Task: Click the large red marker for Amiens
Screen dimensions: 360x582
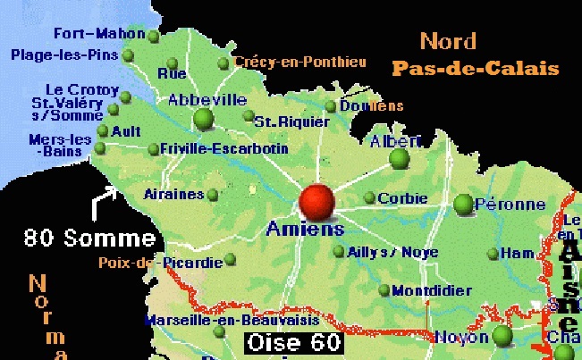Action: (x=316, y=200)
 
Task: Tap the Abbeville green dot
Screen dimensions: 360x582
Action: (x=204, y=119)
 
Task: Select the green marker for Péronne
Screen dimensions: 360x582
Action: (x=463, y=204)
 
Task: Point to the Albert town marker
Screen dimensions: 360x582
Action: (x=399, y=158)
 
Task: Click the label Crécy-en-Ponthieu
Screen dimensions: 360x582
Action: (x=300, y=62)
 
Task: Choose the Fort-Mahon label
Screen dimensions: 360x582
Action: (x=98, y=34)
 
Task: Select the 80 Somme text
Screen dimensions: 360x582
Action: (x=89, y=239)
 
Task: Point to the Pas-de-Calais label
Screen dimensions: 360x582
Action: (x=475, y=69)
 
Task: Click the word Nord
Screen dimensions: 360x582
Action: (x=448, y=40)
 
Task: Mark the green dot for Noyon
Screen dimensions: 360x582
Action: (x=502, y=335)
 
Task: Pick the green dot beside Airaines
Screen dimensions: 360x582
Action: (x=212, y=194)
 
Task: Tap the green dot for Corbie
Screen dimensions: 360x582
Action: (x=368, y=198)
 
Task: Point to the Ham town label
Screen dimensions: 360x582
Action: (x=516, y=253)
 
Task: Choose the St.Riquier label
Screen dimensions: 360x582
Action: (x=281, y=121)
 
